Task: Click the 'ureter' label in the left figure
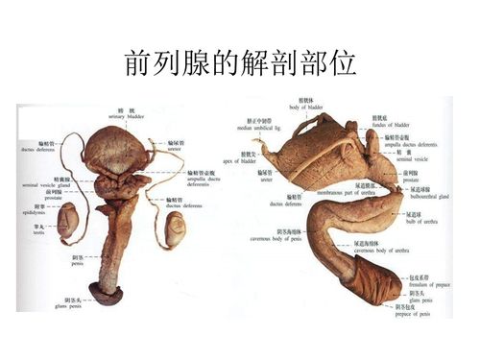coord(177,146)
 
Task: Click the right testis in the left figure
coord(176,229)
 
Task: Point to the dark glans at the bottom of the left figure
coord(106,295)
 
